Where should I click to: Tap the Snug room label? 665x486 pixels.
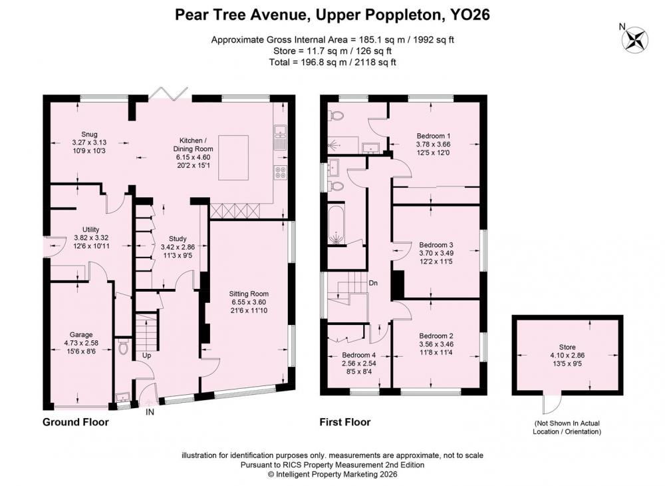[x=90, y=134]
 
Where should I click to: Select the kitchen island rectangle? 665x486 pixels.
[x=233, y=158]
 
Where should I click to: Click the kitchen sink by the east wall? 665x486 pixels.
[x=280, y=136]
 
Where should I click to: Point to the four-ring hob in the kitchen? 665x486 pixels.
[x=280, y=171]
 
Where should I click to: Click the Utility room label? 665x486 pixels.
[x=90, y=230]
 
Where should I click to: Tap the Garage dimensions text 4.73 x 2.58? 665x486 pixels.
[x=81, y=343]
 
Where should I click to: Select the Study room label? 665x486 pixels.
[x=178, y=239]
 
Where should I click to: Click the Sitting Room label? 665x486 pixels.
[x=249, y=294]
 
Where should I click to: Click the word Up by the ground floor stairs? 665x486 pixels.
[x=146, y=356]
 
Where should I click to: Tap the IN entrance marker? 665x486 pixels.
[x=150, y=412]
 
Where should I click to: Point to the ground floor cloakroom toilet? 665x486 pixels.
[x=124, y=346]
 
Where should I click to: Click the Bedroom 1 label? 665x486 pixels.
[x=433, y=136]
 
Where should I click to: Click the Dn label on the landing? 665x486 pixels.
[x=373, y=283]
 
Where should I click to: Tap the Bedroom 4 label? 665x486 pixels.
[x=359, y=356]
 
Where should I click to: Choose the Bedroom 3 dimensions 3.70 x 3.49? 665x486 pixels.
[x=436, y=254]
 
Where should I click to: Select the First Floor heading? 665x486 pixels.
[x=344, y=422]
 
